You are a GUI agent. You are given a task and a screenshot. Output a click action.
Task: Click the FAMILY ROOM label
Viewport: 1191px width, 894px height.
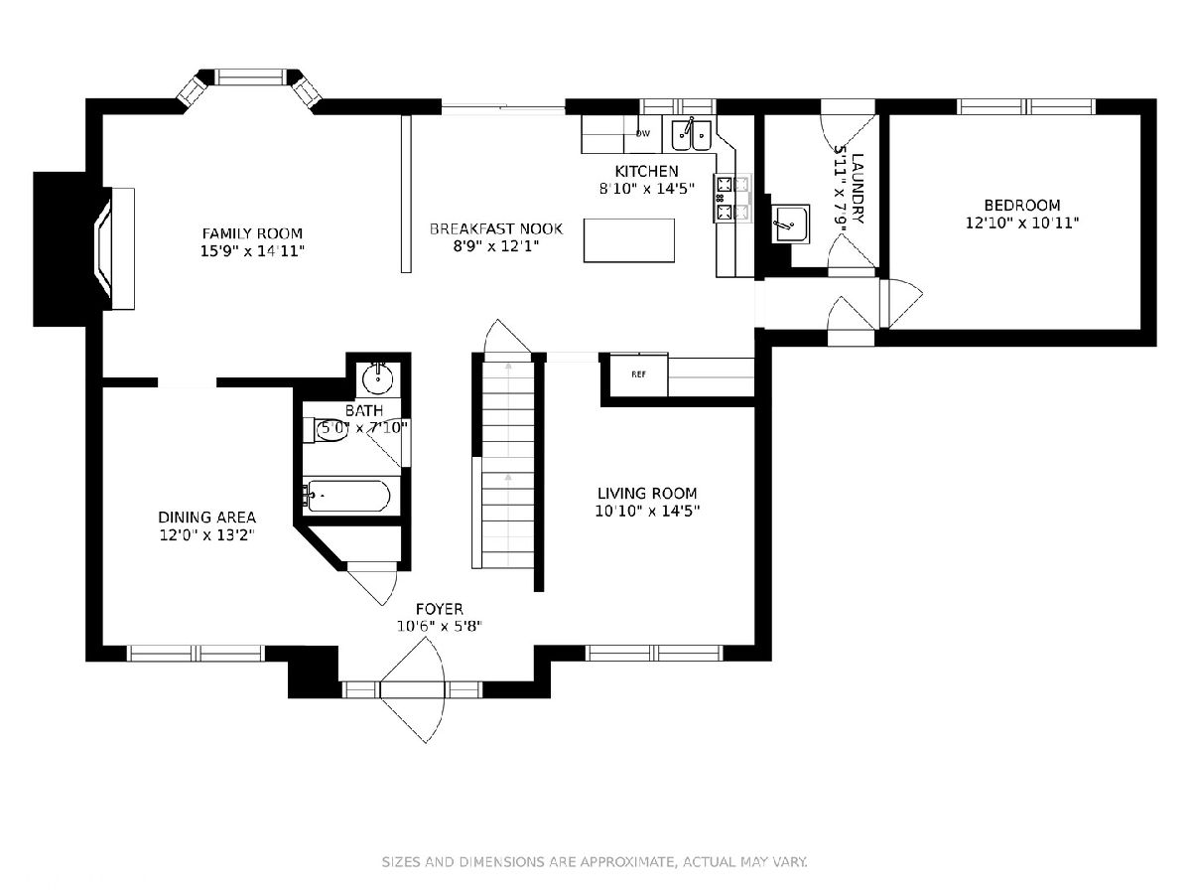point(252,233)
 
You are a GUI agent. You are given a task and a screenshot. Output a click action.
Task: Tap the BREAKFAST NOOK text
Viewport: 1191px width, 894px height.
point(496,229)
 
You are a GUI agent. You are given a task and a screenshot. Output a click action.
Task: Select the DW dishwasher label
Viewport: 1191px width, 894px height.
point(642,133)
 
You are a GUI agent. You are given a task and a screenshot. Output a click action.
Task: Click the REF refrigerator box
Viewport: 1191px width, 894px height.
point(638,374)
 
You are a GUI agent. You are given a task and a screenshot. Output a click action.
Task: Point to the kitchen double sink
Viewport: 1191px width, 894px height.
point(691,135)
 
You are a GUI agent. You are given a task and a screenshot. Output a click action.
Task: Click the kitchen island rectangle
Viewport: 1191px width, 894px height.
point(629,240)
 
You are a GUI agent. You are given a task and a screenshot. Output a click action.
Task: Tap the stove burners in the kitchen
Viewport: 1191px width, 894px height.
point(732,198)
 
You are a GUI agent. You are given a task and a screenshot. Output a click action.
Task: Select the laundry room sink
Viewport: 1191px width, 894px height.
point(791,223)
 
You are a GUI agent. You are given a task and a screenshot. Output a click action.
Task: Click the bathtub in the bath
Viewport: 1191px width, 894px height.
point(346,496)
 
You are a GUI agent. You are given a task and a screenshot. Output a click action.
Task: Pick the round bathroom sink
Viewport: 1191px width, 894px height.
point(378,378)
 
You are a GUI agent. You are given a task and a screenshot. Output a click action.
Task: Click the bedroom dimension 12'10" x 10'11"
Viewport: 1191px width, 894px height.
point(1021,223)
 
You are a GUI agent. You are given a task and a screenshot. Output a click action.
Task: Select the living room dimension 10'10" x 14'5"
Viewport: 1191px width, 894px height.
point(647,511)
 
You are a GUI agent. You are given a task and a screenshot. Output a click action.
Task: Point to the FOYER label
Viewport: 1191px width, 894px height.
point(440,609)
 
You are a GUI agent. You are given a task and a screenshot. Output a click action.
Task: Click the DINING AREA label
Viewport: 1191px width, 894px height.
point(206,518)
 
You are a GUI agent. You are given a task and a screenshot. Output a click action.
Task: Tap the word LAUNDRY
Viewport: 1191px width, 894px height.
point(858,189)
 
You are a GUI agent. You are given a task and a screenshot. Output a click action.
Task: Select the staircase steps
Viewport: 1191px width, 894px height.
point(508,466)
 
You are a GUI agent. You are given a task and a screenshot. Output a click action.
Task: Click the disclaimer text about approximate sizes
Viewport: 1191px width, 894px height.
point(595,861)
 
